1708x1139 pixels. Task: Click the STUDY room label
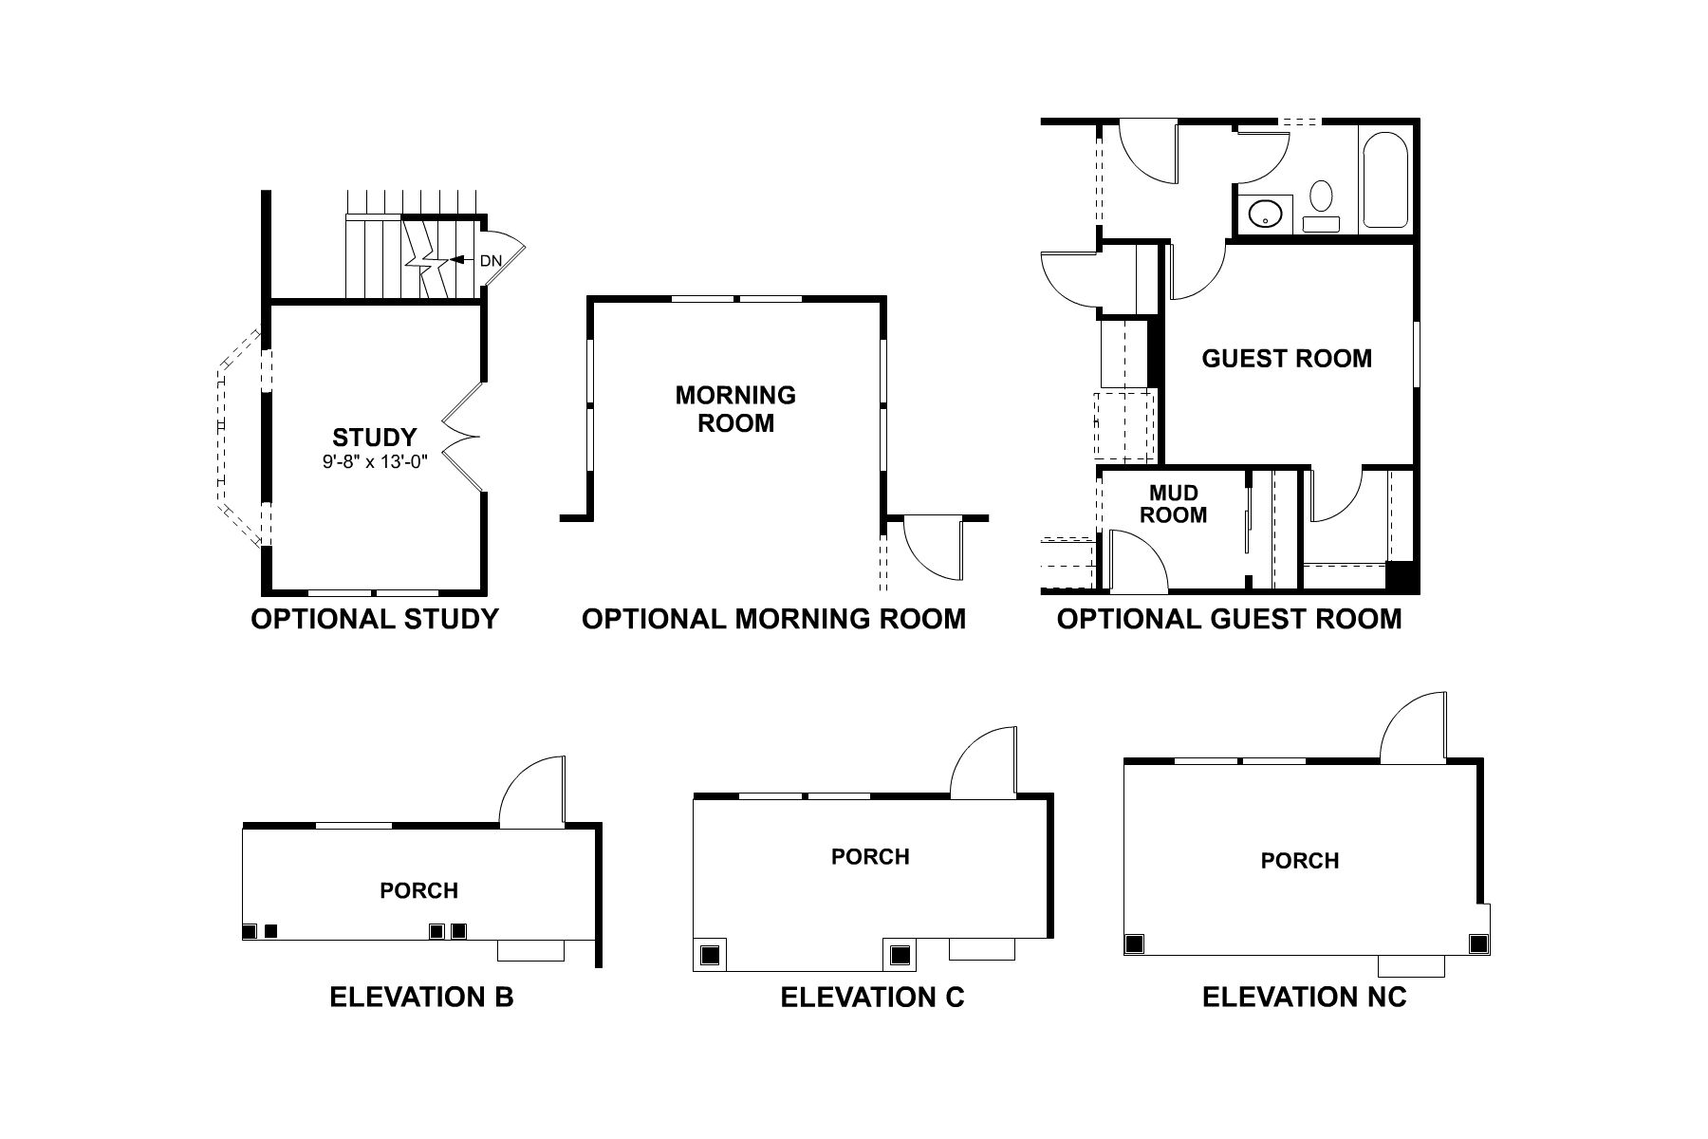tap(374, 438)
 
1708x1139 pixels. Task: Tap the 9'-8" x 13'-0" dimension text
tap(374, 463)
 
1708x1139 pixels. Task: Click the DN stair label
tap(490, 260)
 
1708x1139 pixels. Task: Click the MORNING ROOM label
tap(735, 409)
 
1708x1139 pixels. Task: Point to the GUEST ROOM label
tap(1287, 359)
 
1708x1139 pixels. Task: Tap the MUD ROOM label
tap(1173, 504)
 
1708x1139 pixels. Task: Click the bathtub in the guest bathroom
tap(1385, 180)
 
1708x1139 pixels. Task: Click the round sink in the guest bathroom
tap(1264, 214)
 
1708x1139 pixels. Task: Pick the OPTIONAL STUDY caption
tap(374, 620)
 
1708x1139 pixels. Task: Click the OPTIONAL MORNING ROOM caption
tap(773, 620)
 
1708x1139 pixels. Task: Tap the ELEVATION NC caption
tap(1304, 998)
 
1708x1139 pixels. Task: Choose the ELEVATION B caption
tap(421, 998)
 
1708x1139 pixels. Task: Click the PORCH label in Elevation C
tap(870, 857)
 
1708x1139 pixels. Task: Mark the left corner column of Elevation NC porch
tap(1134, 943)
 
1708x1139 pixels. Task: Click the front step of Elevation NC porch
tap(1411, 965)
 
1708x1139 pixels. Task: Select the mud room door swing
tap(1137, 560)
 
